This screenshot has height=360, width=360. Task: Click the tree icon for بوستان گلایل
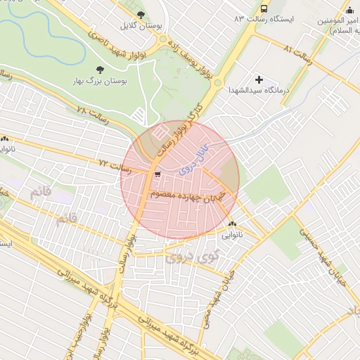[x=141, y=14]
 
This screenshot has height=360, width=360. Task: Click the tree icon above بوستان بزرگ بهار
[x=98, y=69]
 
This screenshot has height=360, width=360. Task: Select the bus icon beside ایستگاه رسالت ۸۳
[x=264, y=9]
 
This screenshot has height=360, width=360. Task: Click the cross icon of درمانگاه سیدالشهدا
[x=259, y=79]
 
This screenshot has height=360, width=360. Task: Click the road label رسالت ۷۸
[x=93, y=115]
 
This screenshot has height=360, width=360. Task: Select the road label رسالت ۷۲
[x=115, y=166]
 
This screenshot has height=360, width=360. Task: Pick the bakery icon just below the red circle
[x=232, y=224]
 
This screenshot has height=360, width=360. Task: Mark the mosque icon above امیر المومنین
[x=349, y=9]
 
